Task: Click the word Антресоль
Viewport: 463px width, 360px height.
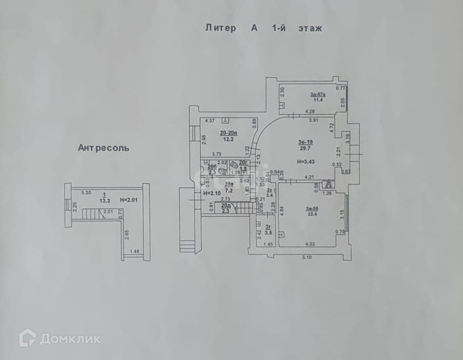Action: (x=104, y=147)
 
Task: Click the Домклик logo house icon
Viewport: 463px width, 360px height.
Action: (x=27, y=338)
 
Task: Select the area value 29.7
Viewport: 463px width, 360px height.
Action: (x=305, y=148)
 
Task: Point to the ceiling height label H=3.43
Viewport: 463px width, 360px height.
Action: (x=306, y=161)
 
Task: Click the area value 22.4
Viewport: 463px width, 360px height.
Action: (x=312, y=214)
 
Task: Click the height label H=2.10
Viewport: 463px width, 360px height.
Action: (x=212, y=193)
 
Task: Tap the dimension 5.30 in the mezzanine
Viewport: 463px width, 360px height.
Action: (x=87, y=192)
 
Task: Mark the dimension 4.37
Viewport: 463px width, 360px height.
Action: (x=210, y=120)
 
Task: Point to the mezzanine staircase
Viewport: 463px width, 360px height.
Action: (x=91, y=214)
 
